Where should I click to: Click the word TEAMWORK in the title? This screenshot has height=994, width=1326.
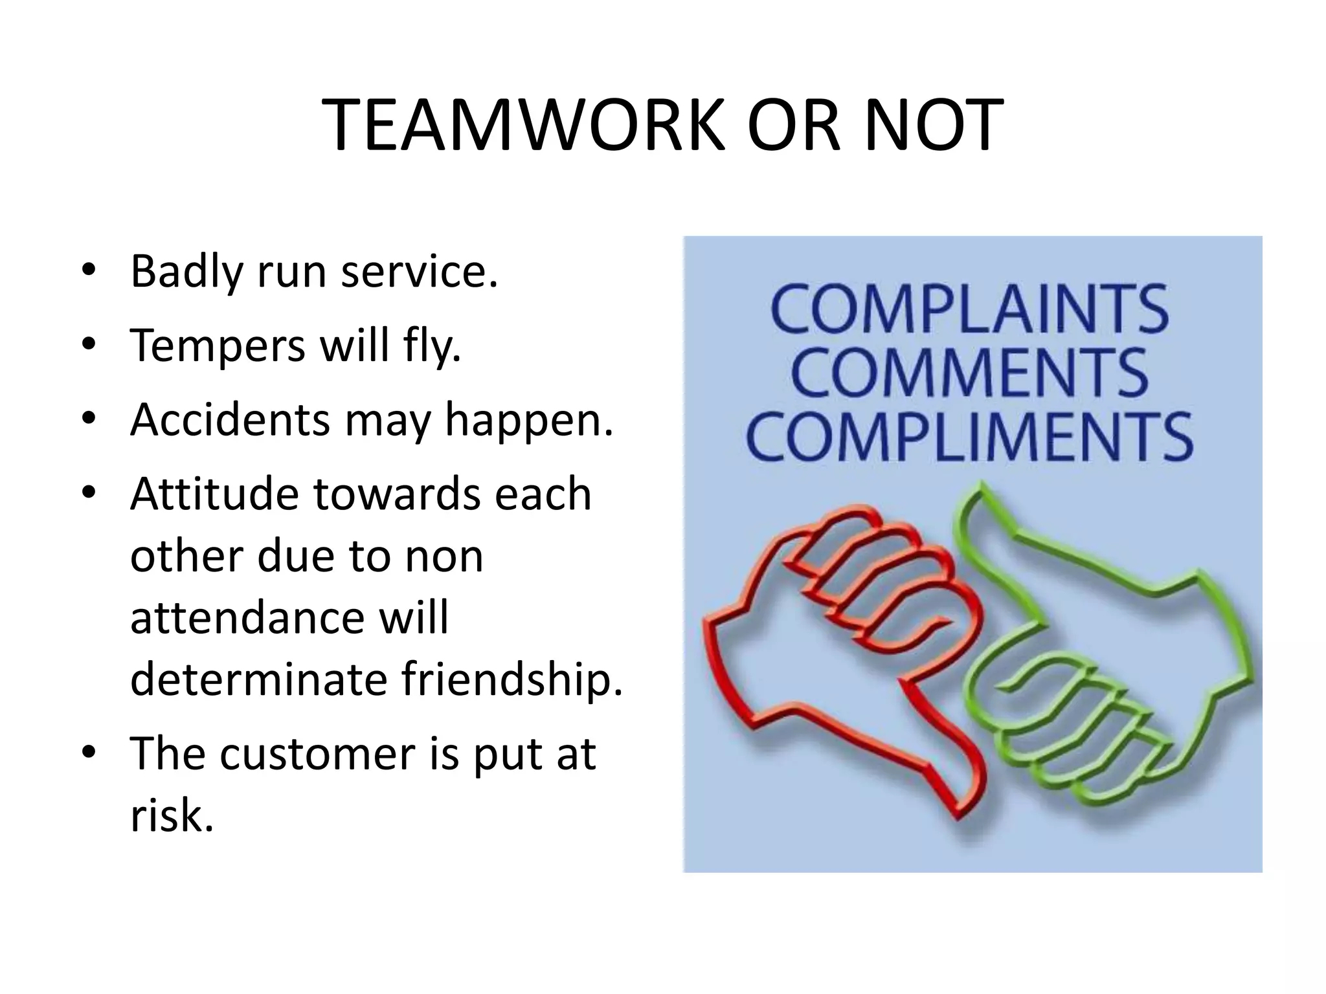(522, 126)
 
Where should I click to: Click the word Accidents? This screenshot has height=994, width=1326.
(230, 419)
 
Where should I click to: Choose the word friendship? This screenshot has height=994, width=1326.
(511, 679)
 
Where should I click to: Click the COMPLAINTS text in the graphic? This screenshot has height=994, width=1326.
(970, 309)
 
